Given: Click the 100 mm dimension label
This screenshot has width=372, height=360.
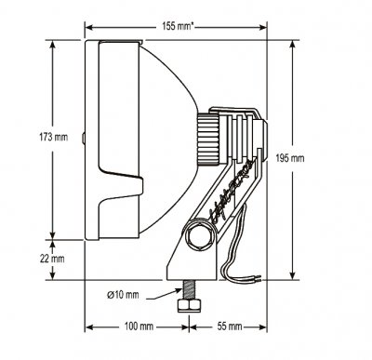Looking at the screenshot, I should pyautogui.click(x=138, y=327).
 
